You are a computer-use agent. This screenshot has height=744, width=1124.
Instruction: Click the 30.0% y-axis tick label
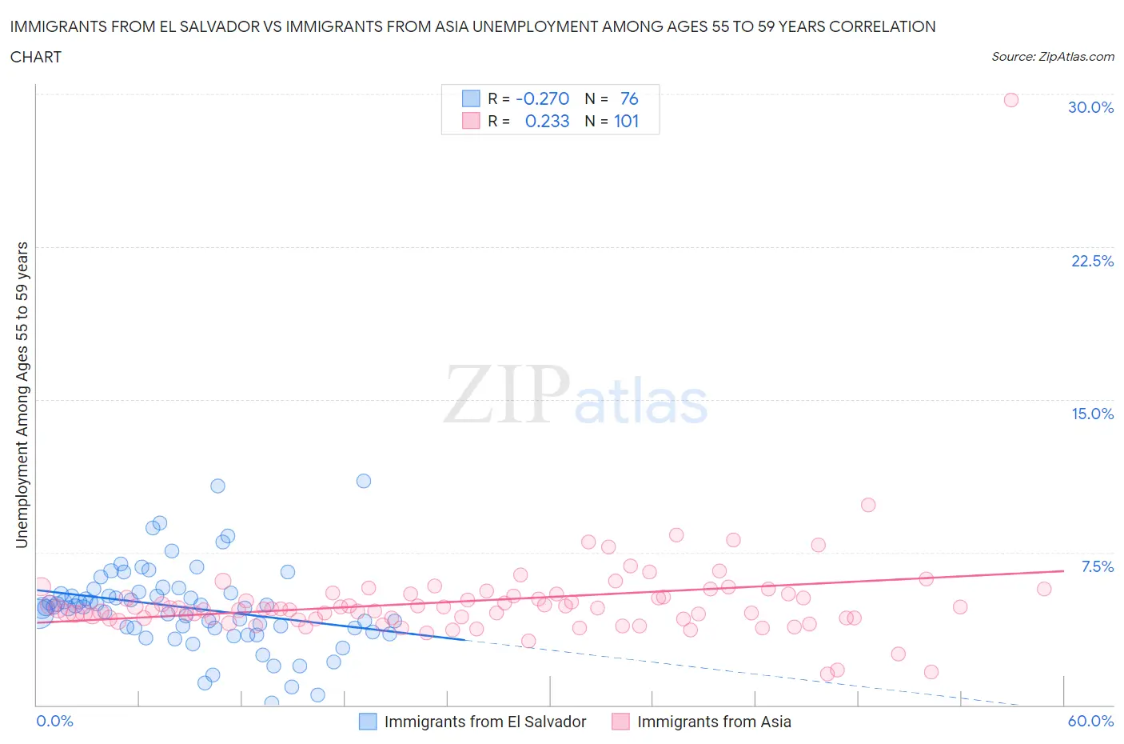1090,107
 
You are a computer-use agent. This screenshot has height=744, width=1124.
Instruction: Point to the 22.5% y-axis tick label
1092,261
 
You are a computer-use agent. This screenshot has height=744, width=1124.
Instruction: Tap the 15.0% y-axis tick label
1092,414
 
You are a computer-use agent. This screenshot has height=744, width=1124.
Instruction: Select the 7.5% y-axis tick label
1097,566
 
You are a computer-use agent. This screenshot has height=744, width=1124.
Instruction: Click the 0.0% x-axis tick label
55,721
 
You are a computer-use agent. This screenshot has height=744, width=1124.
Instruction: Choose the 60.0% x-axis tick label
1090,721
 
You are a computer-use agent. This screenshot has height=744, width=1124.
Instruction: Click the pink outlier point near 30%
1010,100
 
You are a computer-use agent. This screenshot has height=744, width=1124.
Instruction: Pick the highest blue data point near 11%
364,481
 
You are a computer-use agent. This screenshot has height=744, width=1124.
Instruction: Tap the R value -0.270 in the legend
542,98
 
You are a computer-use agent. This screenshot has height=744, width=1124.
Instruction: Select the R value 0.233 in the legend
547,121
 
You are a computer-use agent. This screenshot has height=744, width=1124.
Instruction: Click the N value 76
629,98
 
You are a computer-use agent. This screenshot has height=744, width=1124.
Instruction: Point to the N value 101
626,121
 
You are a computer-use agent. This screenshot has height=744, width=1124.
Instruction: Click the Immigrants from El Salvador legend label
485,722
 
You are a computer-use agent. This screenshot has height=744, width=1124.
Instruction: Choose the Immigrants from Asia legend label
714,722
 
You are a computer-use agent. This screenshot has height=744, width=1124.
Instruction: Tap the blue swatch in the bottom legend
368,722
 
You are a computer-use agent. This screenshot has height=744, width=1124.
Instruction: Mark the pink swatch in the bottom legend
620,722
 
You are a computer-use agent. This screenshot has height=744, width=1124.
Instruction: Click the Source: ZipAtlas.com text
1052,57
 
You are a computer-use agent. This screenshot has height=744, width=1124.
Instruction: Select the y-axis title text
22,394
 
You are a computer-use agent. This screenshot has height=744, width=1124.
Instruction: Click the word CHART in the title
36,57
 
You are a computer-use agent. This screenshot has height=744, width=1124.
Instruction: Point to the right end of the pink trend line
1063,570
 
